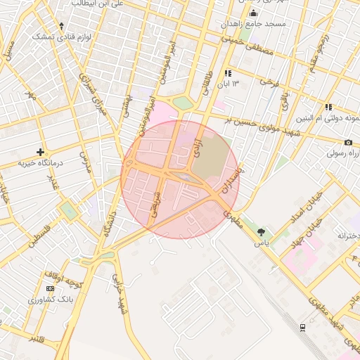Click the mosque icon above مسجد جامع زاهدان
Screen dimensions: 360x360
253,13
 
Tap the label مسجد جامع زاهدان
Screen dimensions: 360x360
254,25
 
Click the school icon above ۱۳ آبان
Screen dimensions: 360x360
228,73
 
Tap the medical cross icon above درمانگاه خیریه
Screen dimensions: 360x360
41,151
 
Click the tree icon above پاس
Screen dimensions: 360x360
262,231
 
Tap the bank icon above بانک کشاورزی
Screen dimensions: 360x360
50,288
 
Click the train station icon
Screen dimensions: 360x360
302,327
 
